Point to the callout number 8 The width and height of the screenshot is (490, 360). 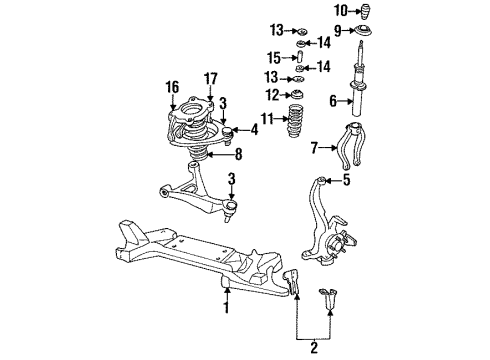click(238, 154)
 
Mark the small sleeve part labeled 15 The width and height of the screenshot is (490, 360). click(299, 57)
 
